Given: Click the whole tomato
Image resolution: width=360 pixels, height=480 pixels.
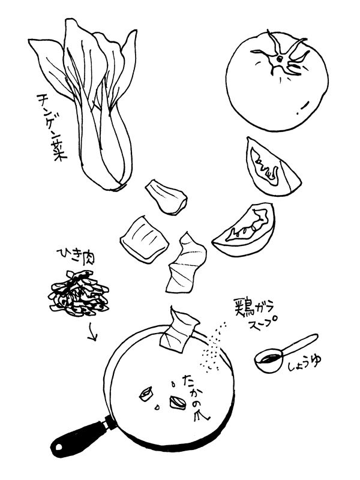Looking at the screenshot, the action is coord(277,82).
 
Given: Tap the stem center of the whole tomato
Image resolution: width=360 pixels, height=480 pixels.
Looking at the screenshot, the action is coord(280,58).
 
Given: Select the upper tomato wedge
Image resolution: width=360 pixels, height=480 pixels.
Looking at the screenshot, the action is coord(271,167).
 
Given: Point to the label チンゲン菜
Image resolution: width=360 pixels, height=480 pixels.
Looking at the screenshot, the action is coord(51,127).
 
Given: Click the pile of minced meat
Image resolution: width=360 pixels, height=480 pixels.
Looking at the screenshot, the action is coord(80,294).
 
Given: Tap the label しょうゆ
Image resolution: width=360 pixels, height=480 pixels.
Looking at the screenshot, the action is coord(304,364).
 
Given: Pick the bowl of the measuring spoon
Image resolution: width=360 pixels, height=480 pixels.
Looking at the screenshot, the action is coord(268,361).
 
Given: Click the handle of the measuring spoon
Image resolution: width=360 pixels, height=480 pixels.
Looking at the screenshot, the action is coord(300,344).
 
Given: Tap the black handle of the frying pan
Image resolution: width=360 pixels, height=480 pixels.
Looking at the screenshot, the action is coord(80,438).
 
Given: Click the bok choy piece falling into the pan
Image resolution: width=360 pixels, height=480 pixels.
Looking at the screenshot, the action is coord(179,329).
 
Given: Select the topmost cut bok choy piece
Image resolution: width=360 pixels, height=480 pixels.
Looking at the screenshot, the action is coord(166,197).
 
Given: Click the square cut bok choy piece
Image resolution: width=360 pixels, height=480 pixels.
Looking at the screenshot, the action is coord(145,239).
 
